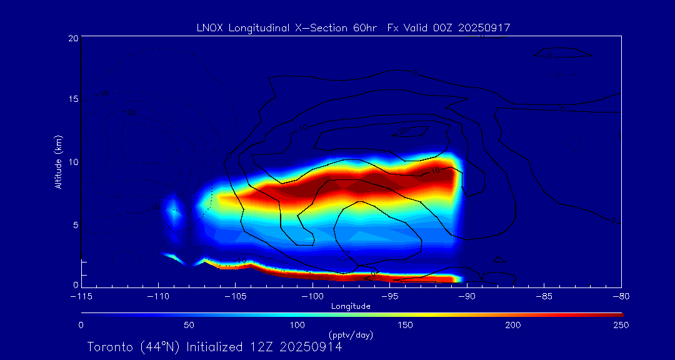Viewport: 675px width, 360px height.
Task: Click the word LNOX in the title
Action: pos(209,27)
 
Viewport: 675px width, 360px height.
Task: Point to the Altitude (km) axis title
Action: pos(59,162)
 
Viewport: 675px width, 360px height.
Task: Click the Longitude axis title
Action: pos(351,306)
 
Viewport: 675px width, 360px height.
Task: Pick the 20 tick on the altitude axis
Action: pos(73,38)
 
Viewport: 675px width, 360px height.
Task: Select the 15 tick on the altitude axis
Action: pos(73,100)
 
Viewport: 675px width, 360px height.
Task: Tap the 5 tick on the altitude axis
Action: pos(76,224)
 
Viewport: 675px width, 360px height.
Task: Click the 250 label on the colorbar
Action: pos(621,325)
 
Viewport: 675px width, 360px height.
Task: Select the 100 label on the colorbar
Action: pos(297,325)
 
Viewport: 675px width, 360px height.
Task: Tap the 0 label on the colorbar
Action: pos(81,325)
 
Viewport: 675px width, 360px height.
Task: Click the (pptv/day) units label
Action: pos(351,335)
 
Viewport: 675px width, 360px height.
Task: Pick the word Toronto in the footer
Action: pos(109,347)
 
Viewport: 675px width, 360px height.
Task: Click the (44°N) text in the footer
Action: pos(157,347)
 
